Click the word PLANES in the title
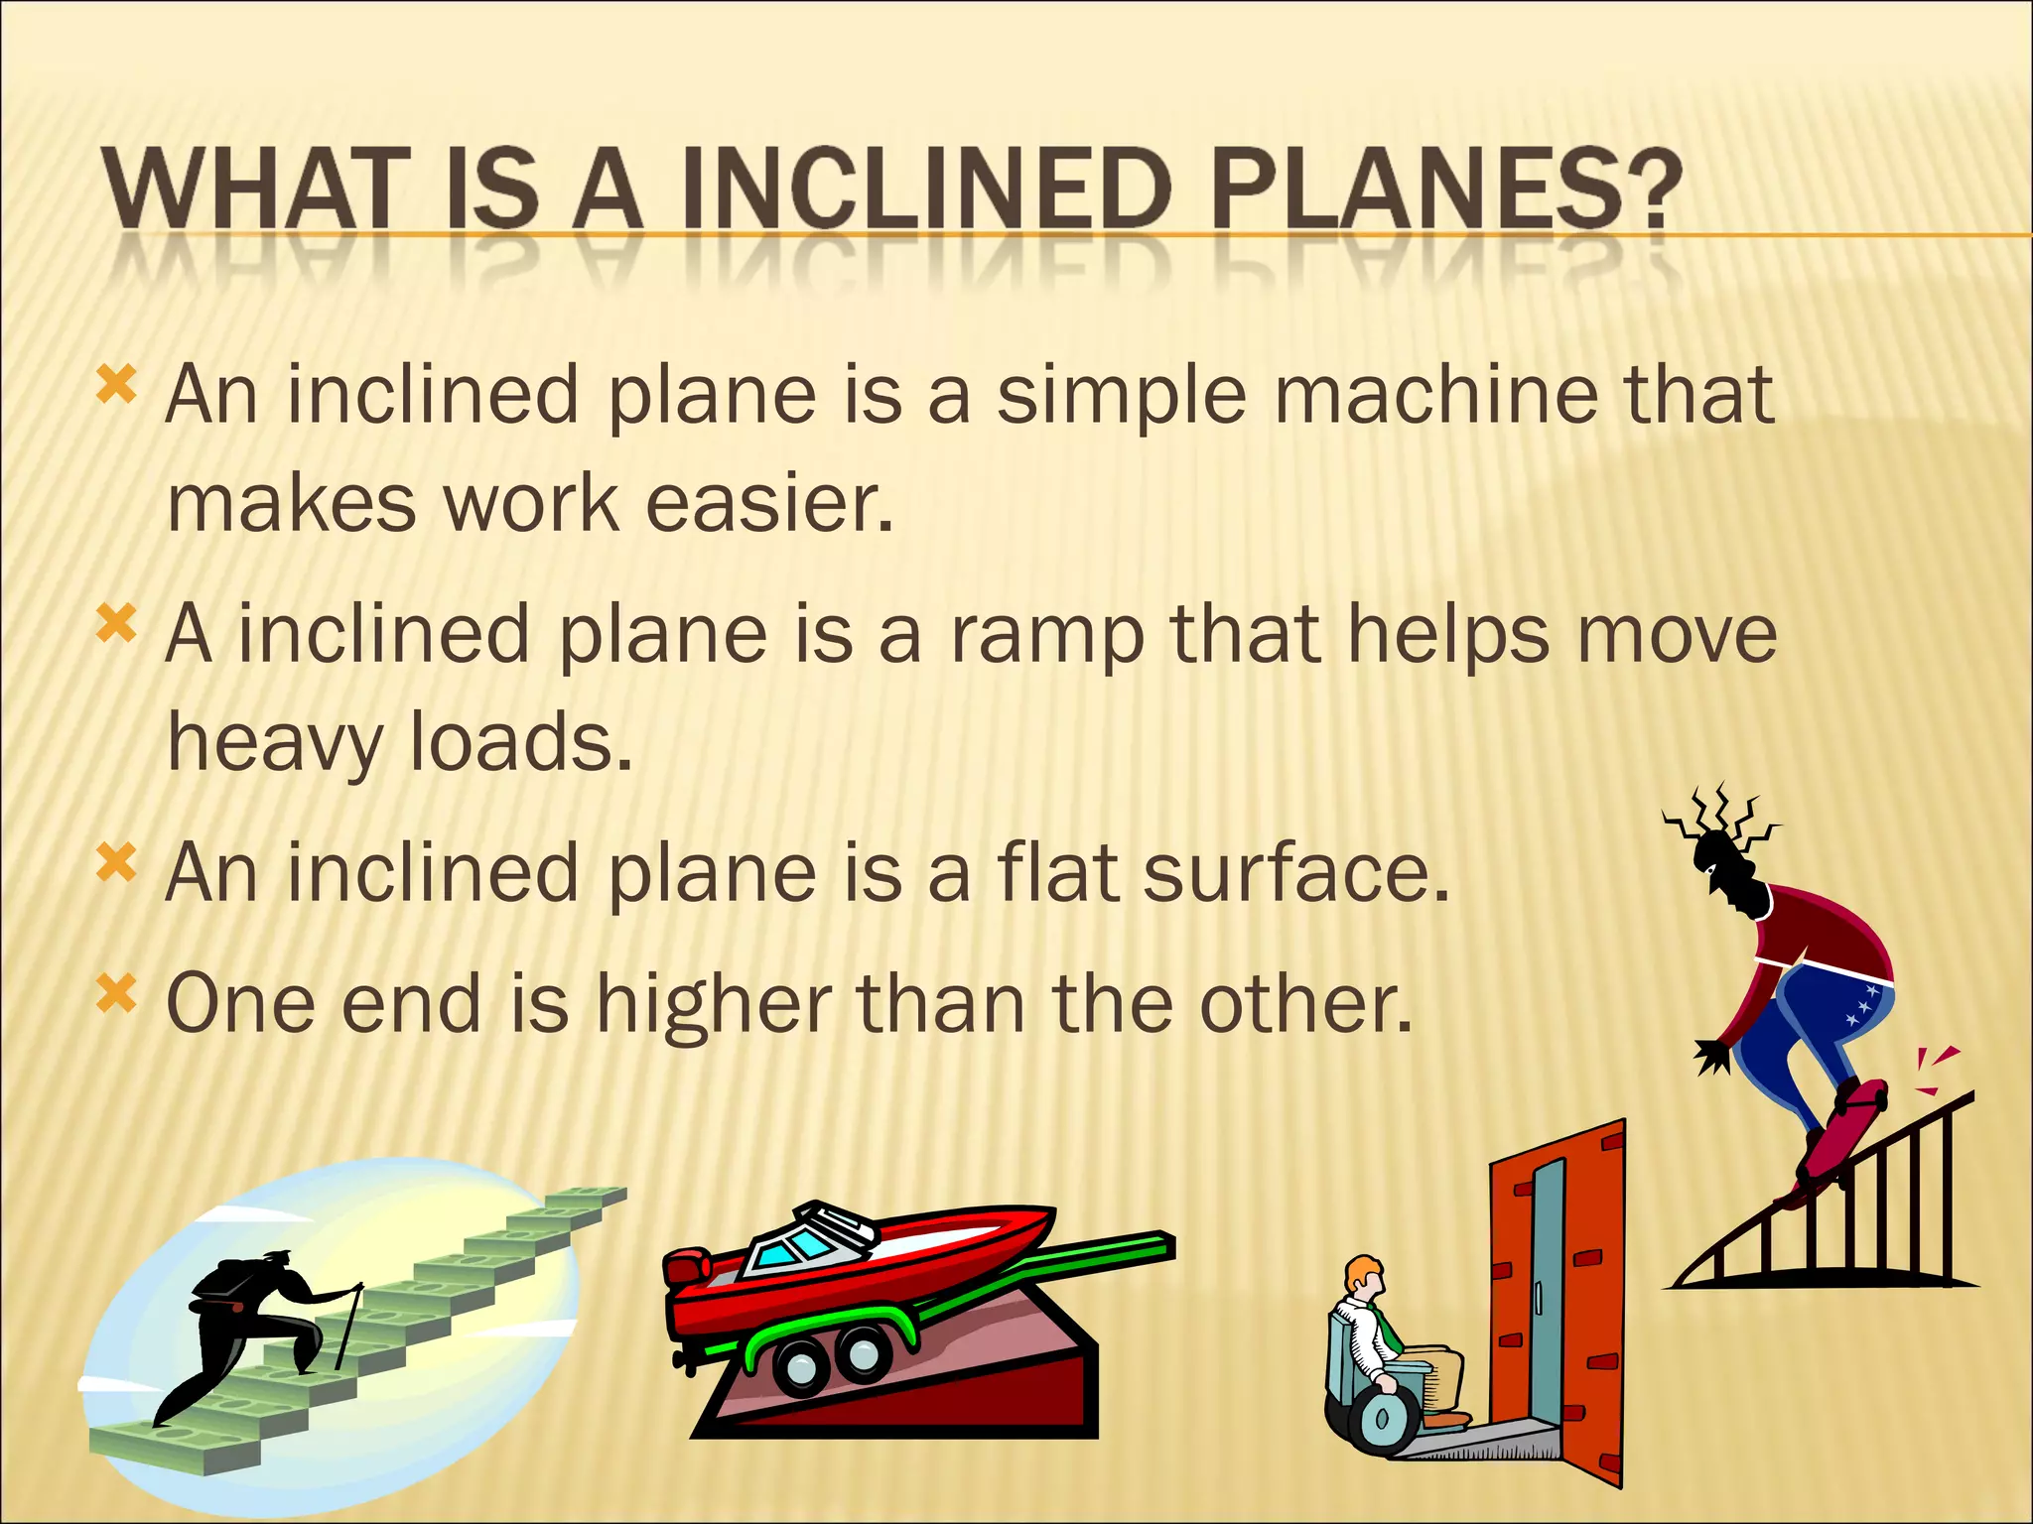click(1445, 189)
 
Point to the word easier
click(769, 503)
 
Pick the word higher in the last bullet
click(714, 1004)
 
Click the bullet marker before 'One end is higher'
click(116, 993)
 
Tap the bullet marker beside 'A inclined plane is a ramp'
click(116, 625)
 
